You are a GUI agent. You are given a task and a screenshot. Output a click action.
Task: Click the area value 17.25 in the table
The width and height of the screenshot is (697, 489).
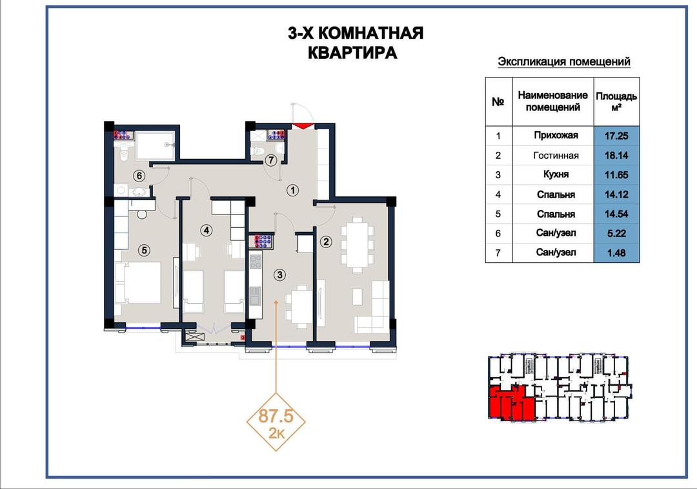tap(616, 136)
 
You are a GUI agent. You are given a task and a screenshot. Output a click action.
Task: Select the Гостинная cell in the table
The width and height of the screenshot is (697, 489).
tap(556, 155)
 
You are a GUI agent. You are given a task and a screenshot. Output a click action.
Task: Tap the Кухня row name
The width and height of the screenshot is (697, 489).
tap(556, 174)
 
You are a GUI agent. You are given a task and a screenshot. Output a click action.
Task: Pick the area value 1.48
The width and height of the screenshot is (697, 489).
tap(616, 253)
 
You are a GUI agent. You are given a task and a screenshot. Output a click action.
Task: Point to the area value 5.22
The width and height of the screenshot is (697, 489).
tap(616, 233)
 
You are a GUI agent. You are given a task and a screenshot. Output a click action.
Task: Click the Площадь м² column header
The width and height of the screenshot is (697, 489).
tap(616, 101)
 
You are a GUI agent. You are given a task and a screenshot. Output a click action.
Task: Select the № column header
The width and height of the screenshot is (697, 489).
tap(498, 102)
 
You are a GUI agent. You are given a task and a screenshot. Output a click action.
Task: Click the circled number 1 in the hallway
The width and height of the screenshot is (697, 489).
tap(292, 191)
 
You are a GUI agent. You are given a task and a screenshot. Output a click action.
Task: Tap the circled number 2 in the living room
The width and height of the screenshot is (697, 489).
tap(327, 242)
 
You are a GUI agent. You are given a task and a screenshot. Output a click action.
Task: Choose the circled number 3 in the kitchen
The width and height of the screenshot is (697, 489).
tap(279, 275)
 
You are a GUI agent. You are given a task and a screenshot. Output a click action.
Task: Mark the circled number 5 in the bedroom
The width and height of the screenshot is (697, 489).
tap(144, 251)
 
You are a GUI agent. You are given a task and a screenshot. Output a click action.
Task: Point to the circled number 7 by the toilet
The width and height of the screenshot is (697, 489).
tap(270, 160)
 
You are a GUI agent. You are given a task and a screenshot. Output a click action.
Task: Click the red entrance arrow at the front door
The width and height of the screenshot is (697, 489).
tap(302, 126)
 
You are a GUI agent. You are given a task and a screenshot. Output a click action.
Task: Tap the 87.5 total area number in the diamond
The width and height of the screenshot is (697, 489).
tap(276, 417)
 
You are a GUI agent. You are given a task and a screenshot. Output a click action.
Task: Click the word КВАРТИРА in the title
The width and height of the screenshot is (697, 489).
tap(352, 52)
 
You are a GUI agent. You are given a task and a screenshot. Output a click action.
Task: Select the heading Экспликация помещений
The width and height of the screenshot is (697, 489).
tap(563, 62)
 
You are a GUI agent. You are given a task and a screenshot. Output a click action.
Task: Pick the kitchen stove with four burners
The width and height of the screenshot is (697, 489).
tap(256, 261)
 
